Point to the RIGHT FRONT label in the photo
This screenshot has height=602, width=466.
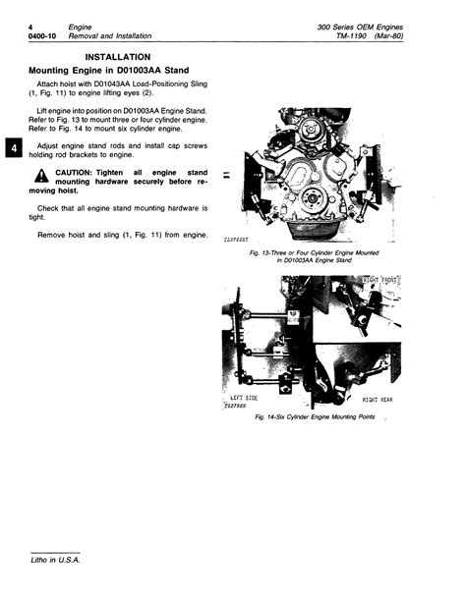coord(383,281)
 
